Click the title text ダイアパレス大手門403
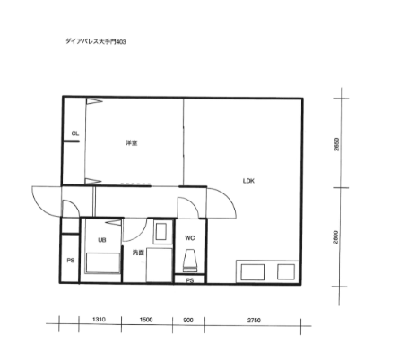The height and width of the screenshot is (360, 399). [96, 41]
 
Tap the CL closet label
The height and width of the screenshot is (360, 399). [75, 133]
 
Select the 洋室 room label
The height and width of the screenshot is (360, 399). [132, 143]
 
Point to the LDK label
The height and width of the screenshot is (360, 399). [248, 181]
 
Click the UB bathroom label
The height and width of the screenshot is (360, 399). [102, 240]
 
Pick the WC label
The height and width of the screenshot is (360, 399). [190, 238]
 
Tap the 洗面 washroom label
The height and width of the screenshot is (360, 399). [138, 253]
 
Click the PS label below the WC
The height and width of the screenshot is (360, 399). [190, 280]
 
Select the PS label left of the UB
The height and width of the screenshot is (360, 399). [71, 261]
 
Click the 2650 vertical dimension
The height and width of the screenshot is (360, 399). [337, 144]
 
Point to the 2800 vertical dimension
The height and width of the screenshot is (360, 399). [336, 237]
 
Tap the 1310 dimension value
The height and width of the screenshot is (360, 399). [99, 320]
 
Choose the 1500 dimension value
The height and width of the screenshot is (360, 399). [146, 320]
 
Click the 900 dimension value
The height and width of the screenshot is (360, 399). [188, 321]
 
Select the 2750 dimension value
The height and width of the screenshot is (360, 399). [254, 321]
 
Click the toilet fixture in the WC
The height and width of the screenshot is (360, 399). [190, 261]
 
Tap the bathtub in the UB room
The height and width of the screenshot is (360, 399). [103, 262]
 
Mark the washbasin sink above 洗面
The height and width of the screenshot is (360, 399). [161, 232]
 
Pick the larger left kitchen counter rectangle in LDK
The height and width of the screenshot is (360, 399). [253, 272]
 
